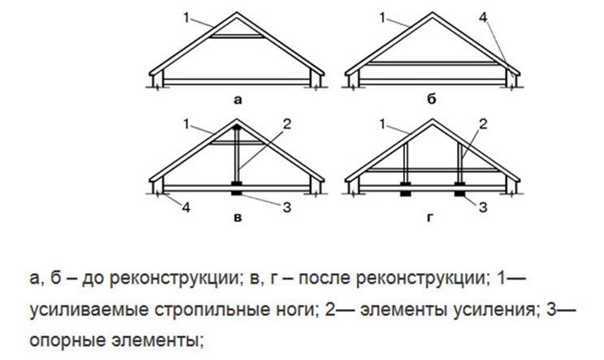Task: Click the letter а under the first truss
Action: tap(237, 101)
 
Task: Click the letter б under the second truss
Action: tap(432, 99)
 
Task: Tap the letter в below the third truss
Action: tap(237, 218)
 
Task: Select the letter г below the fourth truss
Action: tap(430, 218)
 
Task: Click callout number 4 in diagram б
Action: tap(483, 17)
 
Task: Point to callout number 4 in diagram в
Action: tap(186, 207)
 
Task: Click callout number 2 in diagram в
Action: tap(287, 124)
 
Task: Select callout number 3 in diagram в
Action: tap(287, 207)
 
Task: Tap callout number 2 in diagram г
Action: tap(483, 124)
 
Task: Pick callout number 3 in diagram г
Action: tap(483, 207)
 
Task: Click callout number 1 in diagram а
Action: tap(186, 17)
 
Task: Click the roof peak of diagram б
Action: tap(432, 13)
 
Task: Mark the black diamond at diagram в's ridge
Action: tap(237, 126)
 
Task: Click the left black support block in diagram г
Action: tap(405, 189)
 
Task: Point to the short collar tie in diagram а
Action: tap(237, 37)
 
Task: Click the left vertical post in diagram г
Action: tap(405, 163)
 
